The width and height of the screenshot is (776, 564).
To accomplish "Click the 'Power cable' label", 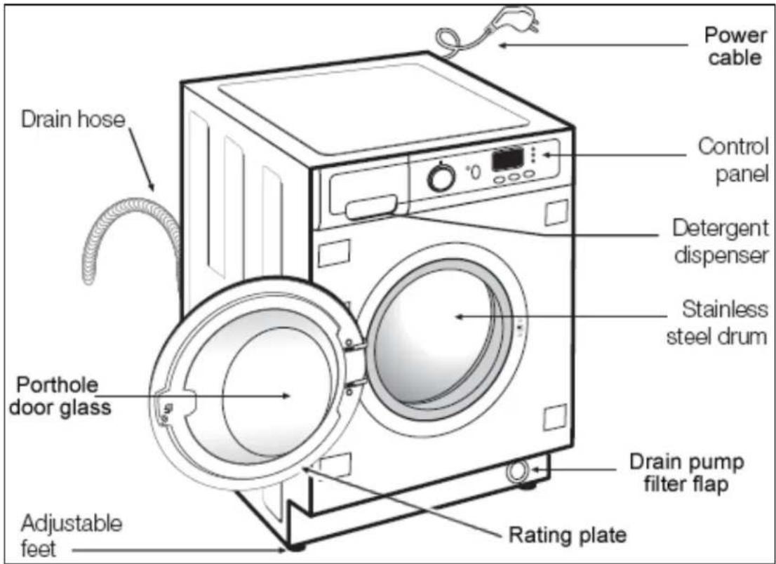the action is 735,46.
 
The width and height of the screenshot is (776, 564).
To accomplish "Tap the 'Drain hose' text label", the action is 73,119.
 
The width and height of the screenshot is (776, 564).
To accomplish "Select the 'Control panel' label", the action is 733,160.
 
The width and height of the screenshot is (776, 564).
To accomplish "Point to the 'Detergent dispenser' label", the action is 721,241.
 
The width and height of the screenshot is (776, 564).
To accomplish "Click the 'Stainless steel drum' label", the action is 718,323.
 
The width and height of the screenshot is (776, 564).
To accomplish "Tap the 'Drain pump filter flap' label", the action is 686,473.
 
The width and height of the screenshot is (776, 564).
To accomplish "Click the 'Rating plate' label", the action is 568,535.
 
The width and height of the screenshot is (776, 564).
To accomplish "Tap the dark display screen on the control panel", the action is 507,159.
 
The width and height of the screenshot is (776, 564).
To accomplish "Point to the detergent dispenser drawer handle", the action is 372,207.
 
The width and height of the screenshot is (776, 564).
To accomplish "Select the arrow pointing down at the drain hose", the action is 141,159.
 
